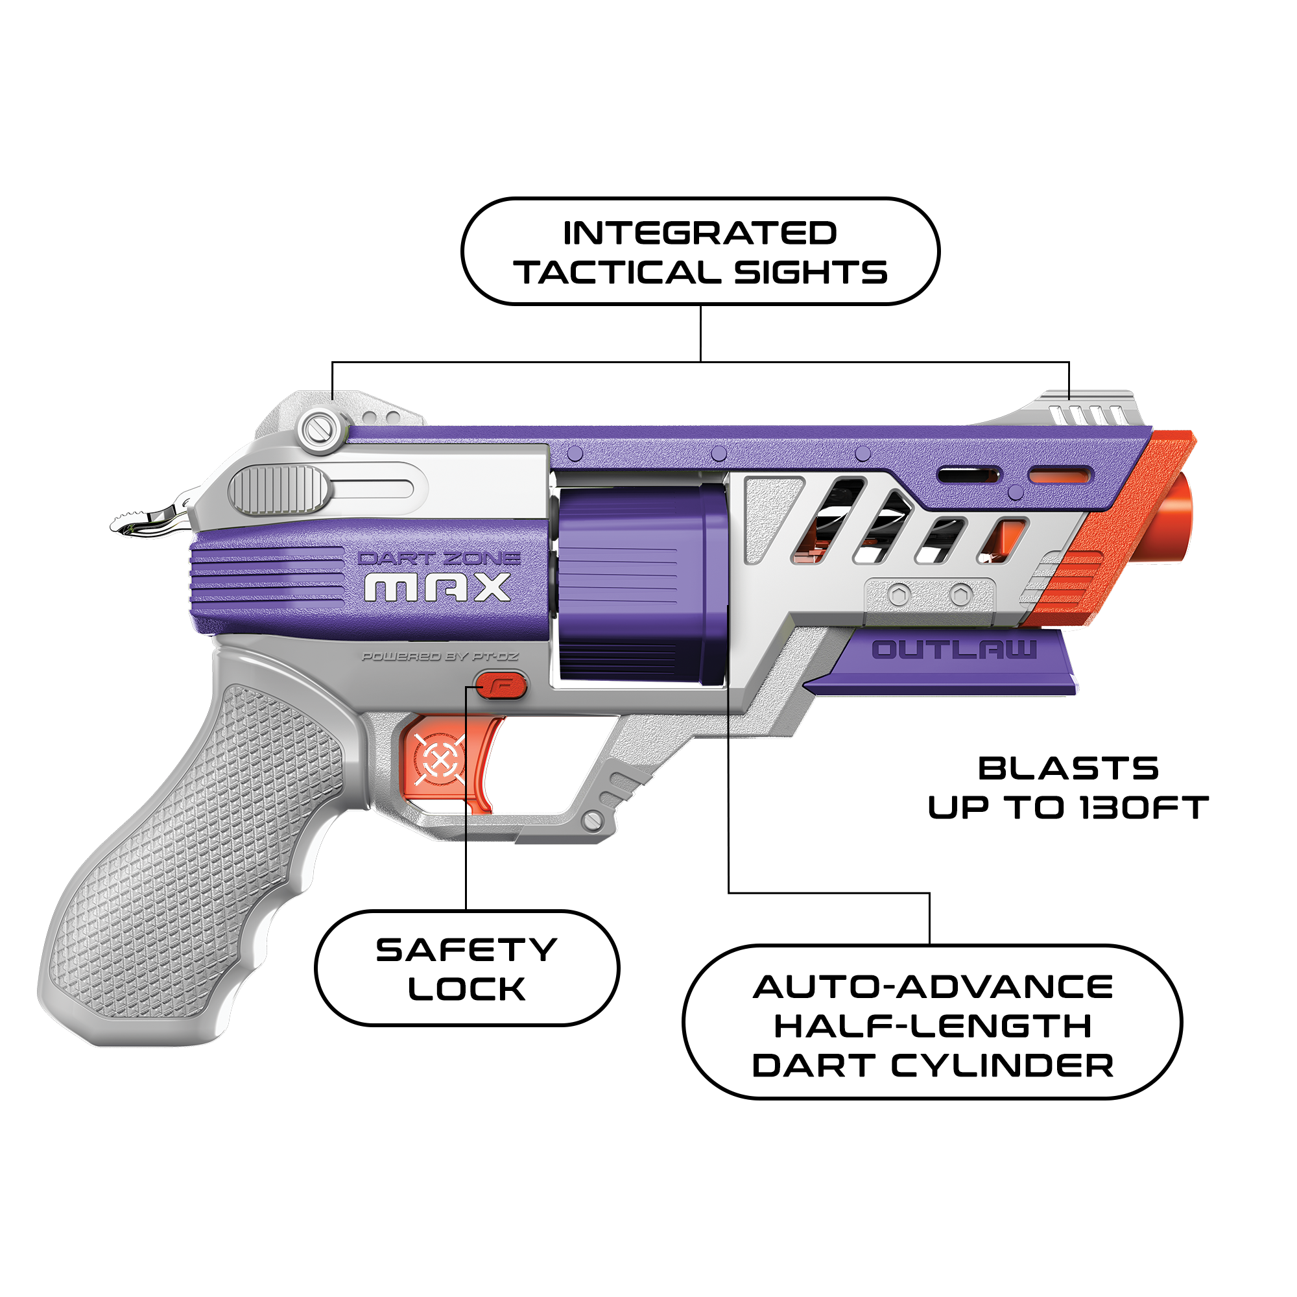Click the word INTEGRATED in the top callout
pyautogui.click(x=700, y=233)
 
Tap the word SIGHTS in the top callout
pyautogui.click(x=810, y=272)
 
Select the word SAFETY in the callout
pyautogui.click(x=466, y=950)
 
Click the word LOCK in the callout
pyautogui.click(x=466, y=990)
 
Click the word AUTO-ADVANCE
pyautogui.click(x=933, y=987)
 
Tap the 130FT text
pyautogui.click(x=1144, y=807)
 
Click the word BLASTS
pyautogui.click(x=1068, y=768)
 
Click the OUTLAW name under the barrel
pyautogui.click(x=953, y=649)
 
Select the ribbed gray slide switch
pyautogui.click(x=280, y=490)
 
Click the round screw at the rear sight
pyautogui.click(x=321, y=430)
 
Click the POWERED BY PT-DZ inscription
pyautogui.click(x=440, y=656)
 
